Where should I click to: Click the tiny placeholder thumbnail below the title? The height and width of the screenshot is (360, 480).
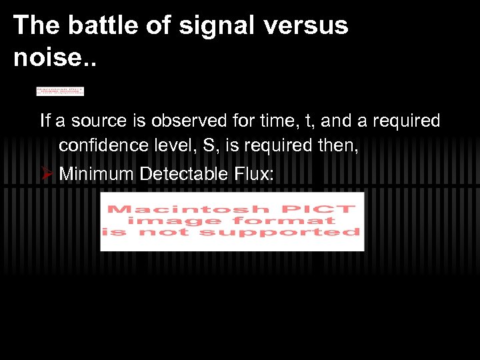pyautogui.click(x=60, y=91)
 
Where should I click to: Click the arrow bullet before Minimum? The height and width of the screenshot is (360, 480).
pyautogui.click(x=46, y=174)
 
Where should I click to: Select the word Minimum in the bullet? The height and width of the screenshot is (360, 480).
pyautogui.click(x=97, y=174)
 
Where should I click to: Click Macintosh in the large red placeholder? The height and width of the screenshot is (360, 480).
pyautogui.click(x=179, y=209)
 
